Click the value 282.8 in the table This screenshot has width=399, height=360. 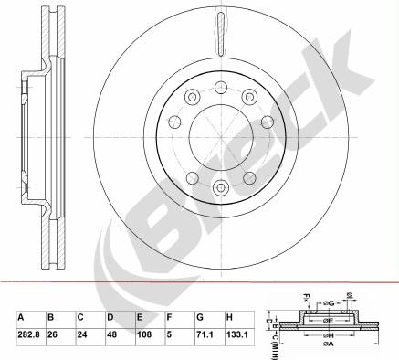[29, 335]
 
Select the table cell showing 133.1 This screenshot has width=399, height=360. [236, 335]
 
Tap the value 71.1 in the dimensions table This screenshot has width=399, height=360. [205, 335]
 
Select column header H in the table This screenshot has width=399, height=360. [228, 317]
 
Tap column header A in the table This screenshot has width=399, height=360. [21, 317]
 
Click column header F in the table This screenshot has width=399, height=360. [170, 317]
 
